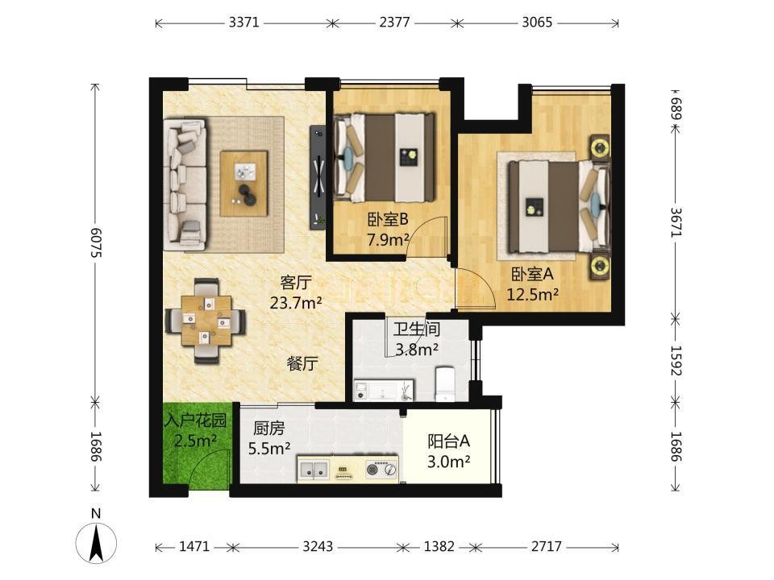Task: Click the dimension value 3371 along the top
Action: [243, 23]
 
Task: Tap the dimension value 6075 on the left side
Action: [96, 242]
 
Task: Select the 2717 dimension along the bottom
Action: [547, 546]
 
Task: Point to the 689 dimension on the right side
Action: [676, 108]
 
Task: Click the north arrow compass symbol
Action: [96, 538]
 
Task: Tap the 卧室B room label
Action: [387, 218]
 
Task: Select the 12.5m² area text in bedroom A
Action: [533, 295]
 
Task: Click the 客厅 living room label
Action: [295, 283]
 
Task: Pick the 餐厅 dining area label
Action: [302, 364]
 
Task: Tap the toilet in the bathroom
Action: [446, 383]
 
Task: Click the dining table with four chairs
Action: [206, 321]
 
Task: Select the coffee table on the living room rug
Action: [243, 184]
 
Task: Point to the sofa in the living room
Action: [185, 183]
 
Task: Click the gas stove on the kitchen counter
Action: [381, 469]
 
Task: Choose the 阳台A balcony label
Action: [448, 441]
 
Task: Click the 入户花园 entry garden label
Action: [195, 420]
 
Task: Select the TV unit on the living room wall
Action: [318, 177]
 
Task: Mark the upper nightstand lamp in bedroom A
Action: [600, 147]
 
